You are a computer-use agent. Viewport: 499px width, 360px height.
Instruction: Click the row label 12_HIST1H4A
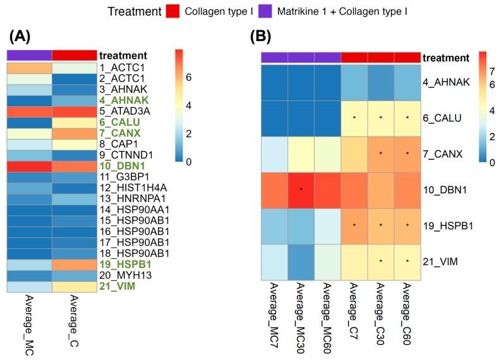coord(129,188)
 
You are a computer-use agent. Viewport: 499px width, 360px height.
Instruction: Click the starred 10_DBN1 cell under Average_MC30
coord(301,189)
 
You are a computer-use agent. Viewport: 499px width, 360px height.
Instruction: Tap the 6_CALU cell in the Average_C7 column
coord(354,117)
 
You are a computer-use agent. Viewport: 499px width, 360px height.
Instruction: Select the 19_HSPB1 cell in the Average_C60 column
coord(407,225)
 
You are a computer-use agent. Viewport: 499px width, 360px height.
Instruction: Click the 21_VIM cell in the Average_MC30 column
coord(301,261)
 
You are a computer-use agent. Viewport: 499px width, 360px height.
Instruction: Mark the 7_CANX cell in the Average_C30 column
coord(380,153)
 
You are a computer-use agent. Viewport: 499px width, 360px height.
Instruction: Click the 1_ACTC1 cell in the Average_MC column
coord(29,66)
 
